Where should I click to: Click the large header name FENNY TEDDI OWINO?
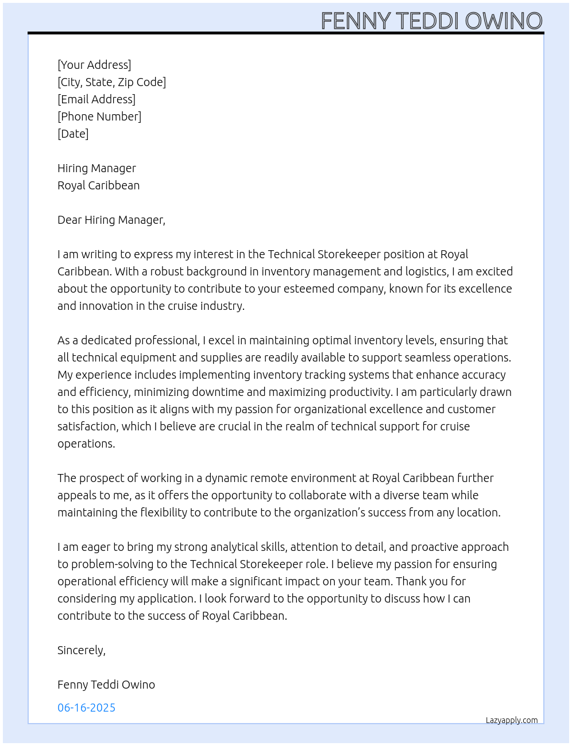tap(431, 21)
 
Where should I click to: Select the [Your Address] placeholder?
tap(94, 65)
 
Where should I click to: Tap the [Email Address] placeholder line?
tap(96, 99)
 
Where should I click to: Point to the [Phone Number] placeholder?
tap(99, 116)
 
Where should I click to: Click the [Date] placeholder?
tap(73, 134)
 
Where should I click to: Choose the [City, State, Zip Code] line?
tap(111, 82)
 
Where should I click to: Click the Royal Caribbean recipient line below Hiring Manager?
tap(98, 185)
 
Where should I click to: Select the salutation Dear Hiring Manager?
tap(111, 220)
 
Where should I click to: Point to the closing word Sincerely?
tap(81, 650)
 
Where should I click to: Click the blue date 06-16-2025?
tap(86, 708)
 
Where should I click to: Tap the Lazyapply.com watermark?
tap(512, 720)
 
